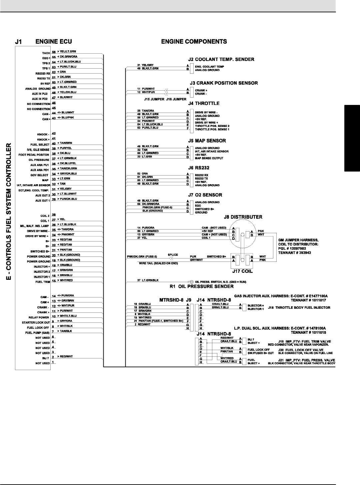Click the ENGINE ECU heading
[x=54, y=42]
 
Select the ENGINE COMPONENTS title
[x=194, y=42]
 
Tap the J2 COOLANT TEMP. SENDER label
[x=221, y=60]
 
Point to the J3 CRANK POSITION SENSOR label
[x=223, y=83]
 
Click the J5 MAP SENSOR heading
[x=207, y=141]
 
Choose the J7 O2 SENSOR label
[x=205, y=195]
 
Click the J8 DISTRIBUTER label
[x=243, y=217]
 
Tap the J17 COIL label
[x=242, y=271]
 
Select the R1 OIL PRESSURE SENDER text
[x=202, y=286]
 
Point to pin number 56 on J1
[x=54, y=52]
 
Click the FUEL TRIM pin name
[x=43, y=282]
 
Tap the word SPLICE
[x=173, y=255]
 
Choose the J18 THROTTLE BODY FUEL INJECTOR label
[x=299, y=307]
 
